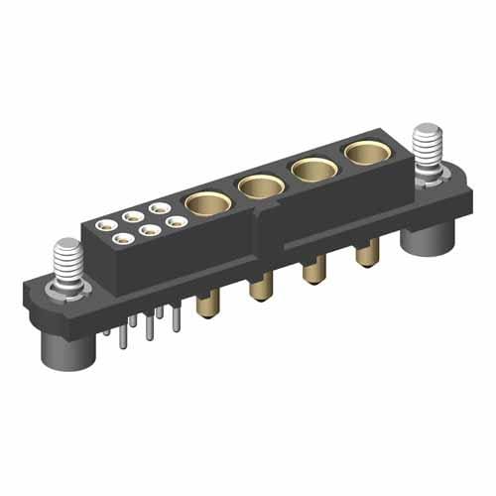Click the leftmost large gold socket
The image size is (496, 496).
208,202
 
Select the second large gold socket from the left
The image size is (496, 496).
261,185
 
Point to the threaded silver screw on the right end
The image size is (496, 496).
427,148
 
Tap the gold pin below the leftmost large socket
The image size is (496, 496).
207,305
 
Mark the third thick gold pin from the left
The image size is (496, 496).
313,271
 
